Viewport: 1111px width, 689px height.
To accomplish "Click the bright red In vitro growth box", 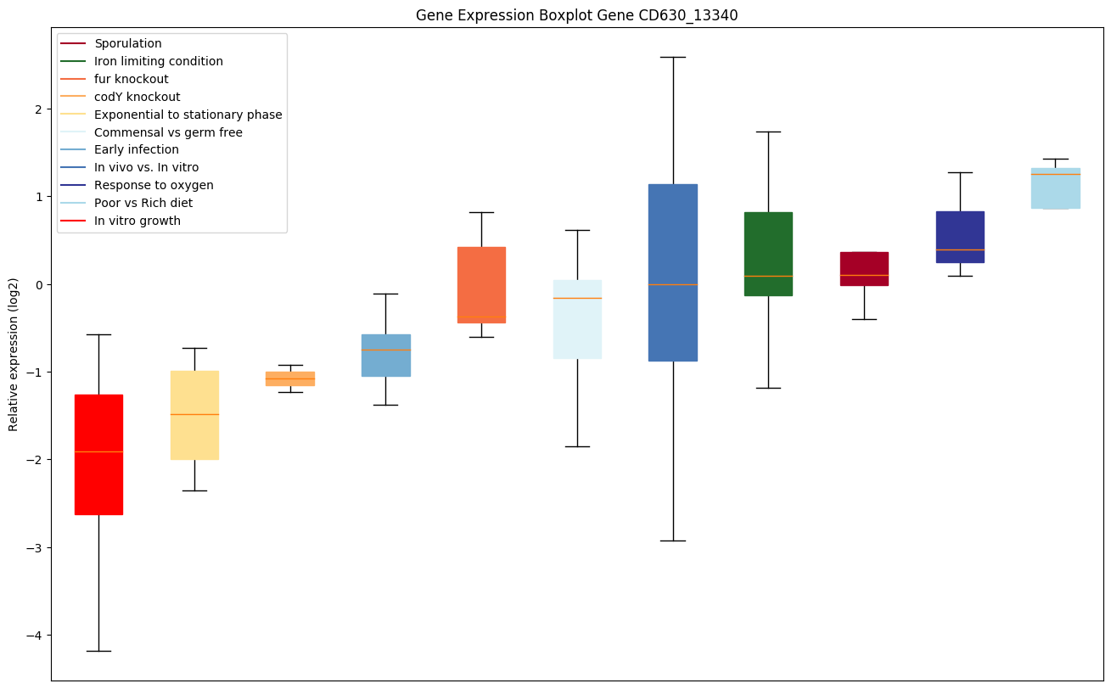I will pos(98,454).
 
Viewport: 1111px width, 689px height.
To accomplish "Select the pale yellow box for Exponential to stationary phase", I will pos(194,415).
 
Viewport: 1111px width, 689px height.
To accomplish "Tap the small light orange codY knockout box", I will pos(290,378).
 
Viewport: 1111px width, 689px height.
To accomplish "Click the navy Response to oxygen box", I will pos(960,237).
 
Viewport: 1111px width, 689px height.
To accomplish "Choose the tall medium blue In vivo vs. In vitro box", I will pos(672,272).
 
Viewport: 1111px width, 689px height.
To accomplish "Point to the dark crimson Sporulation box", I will pos(864,268).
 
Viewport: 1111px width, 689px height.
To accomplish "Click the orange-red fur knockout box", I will pos(481,285).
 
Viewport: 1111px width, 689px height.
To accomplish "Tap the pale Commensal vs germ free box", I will pos(577,319).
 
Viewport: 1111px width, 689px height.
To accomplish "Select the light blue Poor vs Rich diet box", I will pos(1056,188).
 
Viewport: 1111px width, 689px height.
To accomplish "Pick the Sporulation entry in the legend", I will pos(128,43).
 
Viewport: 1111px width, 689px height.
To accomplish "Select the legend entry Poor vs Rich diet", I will pos(143,204).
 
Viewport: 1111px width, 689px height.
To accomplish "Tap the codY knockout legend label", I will pos(137,97).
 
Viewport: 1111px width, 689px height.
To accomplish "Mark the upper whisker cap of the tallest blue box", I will pos(672,57).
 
